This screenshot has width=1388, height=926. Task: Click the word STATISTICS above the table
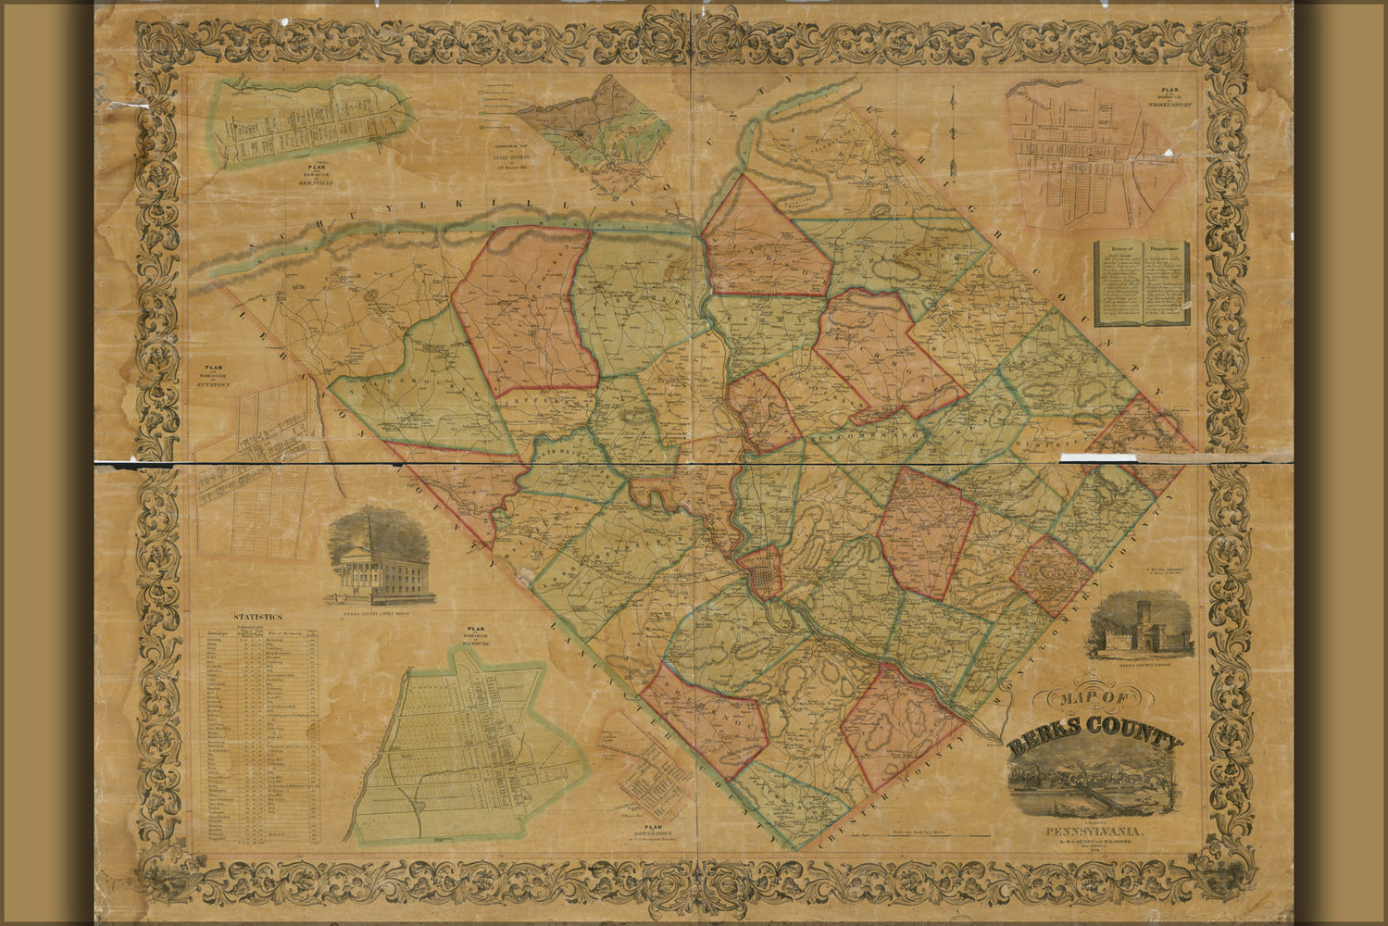(259, 616)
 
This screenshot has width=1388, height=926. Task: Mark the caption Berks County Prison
(1139, 665)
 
